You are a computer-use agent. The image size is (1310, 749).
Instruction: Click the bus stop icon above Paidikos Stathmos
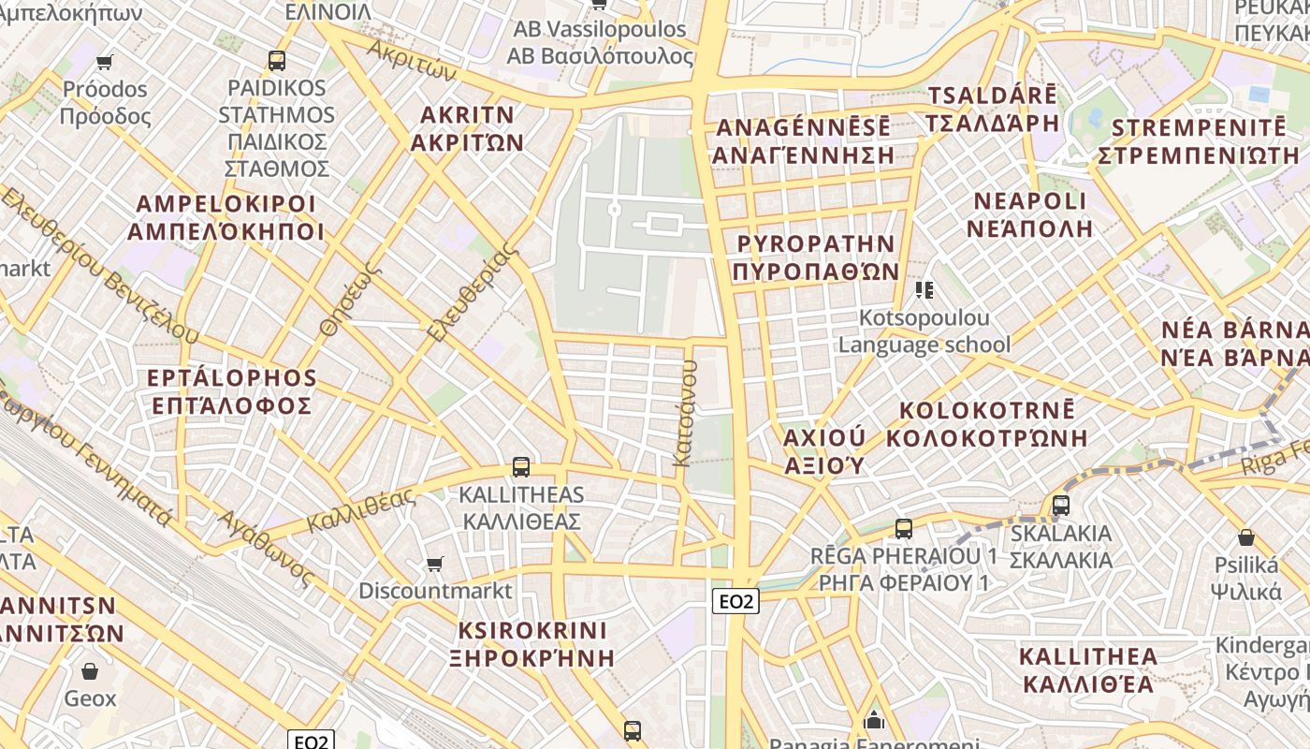click(276, 61)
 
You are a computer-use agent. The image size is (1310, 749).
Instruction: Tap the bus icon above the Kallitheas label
click(521, 466)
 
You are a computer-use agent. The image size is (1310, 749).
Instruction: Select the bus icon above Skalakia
click(1061, 506)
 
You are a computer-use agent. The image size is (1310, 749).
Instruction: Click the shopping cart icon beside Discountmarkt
click(434, 564)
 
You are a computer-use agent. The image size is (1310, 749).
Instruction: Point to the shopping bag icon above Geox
click(90, 671)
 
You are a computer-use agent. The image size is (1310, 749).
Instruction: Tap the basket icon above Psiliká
click(1246, 537)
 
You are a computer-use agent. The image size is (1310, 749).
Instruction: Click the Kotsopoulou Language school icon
click(924, 290)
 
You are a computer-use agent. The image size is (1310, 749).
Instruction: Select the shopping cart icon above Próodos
click(105, 62)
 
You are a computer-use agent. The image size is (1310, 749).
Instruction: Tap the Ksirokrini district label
click(532, 643)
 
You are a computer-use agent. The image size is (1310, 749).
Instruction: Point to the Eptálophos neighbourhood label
click(232, 391)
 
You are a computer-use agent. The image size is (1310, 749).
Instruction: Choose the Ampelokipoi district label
click(226, 217)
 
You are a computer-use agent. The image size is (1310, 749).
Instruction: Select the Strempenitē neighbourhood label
click(1199, 141)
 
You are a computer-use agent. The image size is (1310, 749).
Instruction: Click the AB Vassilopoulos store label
click(600, 43)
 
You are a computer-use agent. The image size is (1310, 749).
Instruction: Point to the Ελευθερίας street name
click(473, 292)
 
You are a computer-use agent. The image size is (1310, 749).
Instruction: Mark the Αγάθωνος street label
click(265, 548)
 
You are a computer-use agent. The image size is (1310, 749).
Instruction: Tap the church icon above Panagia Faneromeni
click(874, 720)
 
